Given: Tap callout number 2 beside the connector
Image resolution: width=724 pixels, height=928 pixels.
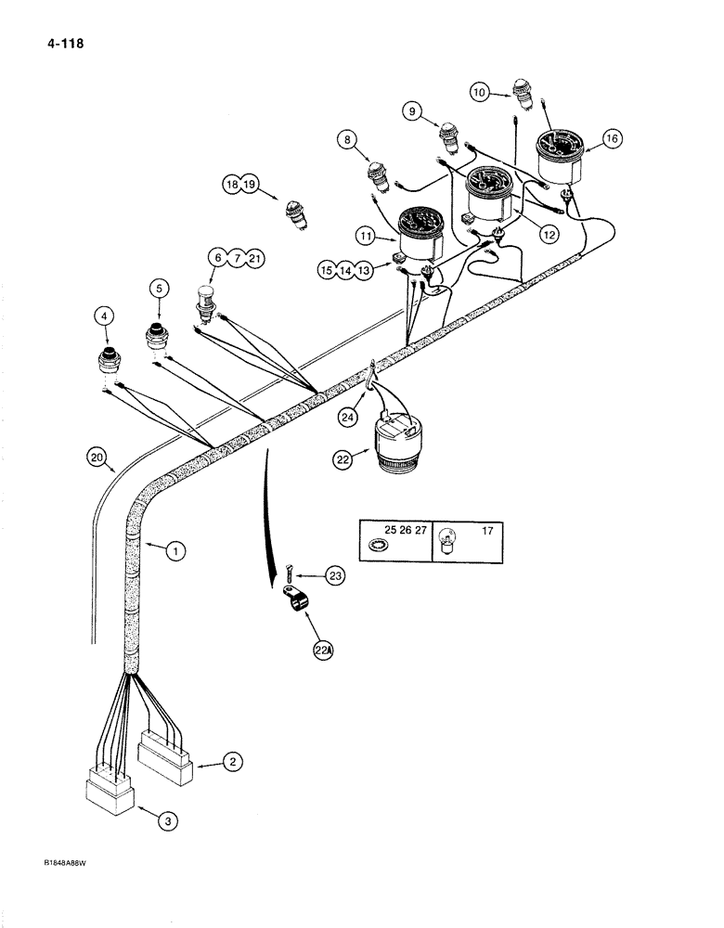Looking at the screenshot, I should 234,764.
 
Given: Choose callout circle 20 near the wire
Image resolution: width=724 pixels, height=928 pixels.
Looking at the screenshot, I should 96,456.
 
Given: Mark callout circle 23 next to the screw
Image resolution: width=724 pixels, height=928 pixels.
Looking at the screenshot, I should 334,576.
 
